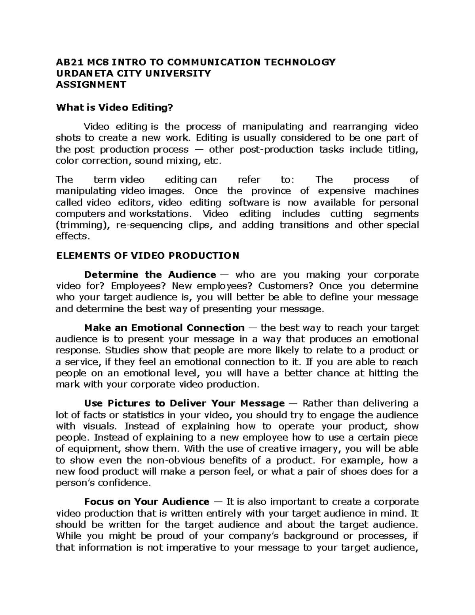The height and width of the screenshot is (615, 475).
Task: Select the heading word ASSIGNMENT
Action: pyautogui.click(x=91, y=84)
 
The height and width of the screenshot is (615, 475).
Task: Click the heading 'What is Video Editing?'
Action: pyautogui.click(x=115, y=107)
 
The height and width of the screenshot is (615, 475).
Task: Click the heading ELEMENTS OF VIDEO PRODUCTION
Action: pyautogui.click(x=148, y=255)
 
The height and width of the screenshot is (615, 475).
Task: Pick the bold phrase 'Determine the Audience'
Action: pyautogui.click(x=150, y=275)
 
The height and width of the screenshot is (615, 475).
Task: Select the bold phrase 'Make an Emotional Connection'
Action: pyautogui.click(x=164, y=328)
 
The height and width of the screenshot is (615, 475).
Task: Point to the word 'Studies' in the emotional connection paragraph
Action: pyautogui.click(x=120, y=350)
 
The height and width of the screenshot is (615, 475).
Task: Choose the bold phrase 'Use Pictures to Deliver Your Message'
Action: pyautogui.click(x=184, y=404)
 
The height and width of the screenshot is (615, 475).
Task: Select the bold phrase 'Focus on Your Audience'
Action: pyautogui.click(x=146, y=502)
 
